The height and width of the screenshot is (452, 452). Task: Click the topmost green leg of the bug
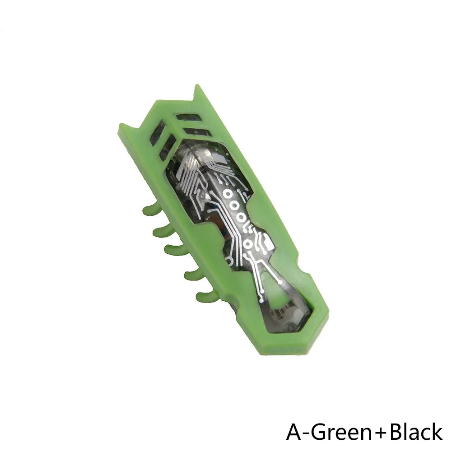[152, 209]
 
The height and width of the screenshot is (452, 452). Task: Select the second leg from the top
[163, 231]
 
